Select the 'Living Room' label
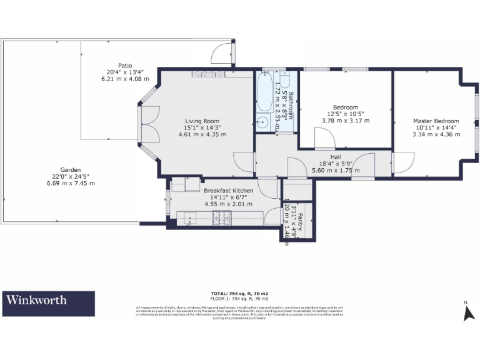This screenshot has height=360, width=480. [202, 121]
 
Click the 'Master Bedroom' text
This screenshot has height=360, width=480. [436, 121]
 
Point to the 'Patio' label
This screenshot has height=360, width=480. [125, 66]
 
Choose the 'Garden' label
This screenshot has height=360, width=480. [70, 170]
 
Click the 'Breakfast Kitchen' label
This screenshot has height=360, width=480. [228, 190]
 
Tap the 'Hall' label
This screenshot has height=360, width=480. [336, 157]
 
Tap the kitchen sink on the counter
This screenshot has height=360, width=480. [189, 217]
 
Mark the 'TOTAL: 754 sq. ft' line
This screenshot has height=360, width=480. [239, 293]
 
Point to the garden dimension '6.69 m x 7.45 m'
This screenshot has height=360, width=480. [70, 183]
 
